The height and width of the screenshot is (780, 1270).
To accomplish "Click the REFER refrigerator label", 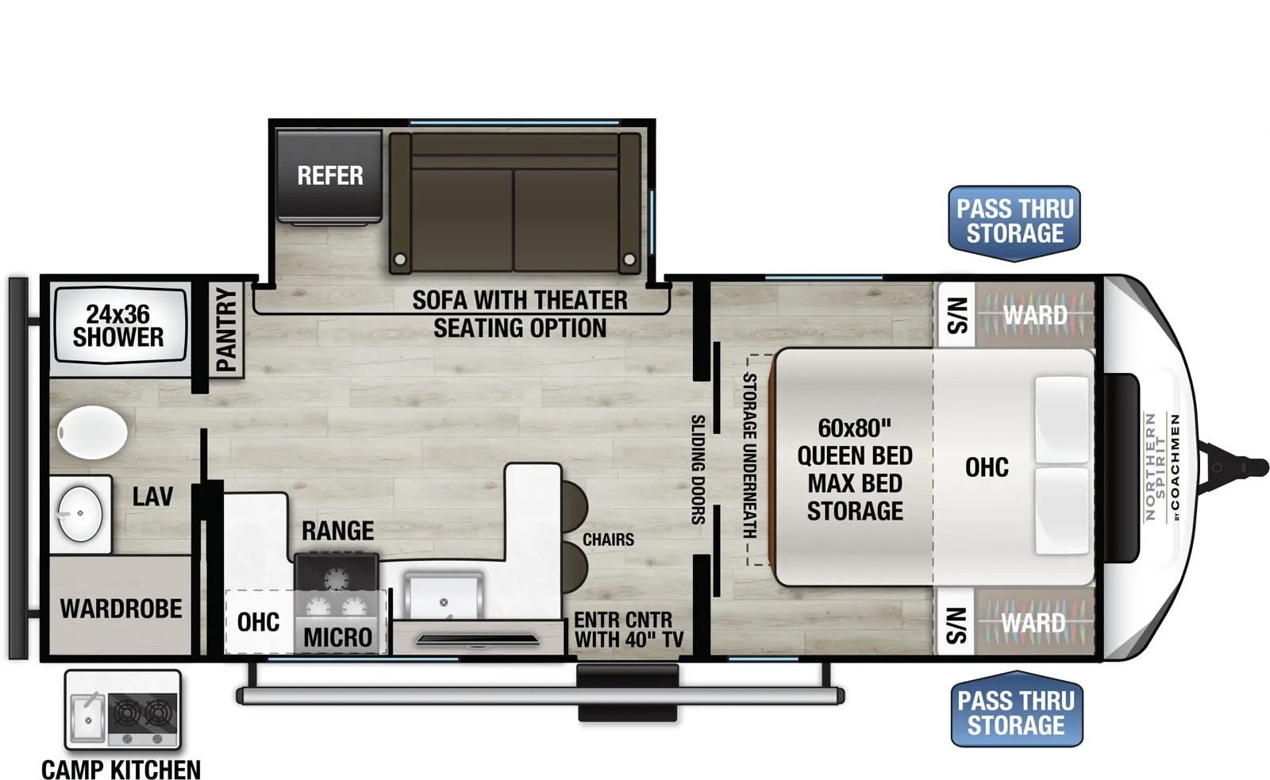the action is pyautogui.click(x=330, y=175).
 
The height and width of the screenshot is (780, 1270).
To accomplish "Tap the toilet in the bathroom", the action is pyautogui.click(x=92, y=432).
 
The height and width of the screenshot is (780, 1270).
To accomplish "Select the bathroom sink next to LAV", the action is pyautogui.click(x=80, y=513).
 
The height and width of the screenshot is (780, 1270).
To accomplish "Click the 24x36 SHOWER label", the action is pyautogui.click(x=118, y=325).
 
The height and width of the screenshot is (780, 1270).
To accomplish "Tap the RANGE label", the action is pyautogui.click(x=337, y=531).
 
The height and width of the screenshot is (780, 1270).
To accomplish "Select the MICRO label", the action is pyautogui.click(x=338, y=638).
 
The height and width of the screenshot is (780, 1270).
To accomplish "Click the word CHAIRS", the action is pyautogui.click(x=608, y=539).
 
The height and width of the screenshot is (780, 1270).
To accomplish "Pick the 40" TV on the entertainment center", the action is pyautogui.click(x=477, y=640).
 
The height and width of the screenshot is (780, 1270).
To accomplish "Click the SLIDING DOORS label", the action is pyautogui.click(x=698, y=470).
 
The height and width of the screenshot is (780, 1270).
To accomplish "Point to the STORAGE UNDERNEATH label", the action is pyautogui.click(x=749, y=455).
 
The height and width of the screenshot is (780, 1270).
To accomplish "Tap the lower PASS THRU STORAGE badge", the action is pyautogui.click(x=1017, y=709).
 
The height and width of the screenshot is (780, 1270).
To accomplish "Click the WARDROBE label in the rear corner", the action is pyautogui.click(x=121, y=609).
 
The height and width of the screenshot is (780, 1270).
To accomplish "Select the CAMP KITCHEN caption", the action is pyautogui.click(x=121, y=770).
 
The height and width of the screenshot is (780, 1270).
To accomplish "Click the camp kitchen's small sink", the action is pyautogui.click(x=88, y=717).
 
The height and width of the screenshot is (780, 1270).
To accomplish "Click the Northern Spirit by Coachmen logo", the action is pyautogui.click(x=1162, y=467).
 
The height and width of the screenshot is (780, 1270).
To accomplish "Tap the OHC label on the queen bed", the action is pyautogui.click(x=987, y=467).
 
